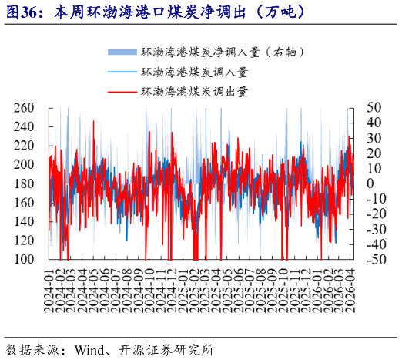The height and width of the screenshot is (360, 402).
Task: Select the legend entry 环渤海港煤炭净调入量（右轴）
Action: [x=224, y=52]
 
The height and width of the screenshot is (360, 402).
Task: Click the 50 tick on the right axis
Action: [x=374, y=107]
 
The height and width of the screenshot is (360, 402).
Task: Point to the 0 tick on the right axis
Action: [x=370, y=183]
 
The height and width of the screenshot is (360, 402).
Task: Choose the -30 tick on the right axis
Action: [x=376, y=229]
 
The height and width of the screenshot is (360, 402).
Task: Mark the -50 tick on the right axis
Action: [x=376, y=260]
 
